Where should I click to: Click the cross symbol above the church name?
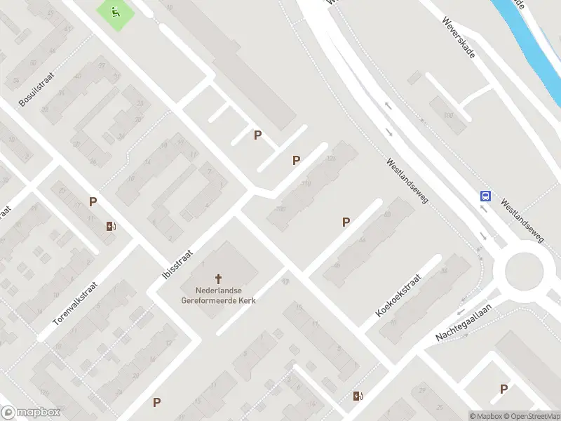(x=218, y=279)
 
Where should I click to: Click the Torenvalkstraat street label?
(x=75, y=304)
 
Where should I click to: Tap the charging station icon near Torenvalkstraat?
(x=111, y=226)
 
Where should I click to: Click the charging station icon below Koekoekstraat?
(x=358, y=396)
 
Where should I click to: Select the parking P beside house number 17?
(x=93, y=202)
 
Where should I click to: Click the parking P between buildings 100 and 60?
(x=346, y=222)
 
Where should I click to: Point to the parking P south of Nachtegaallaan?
(x=503, y=389)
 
